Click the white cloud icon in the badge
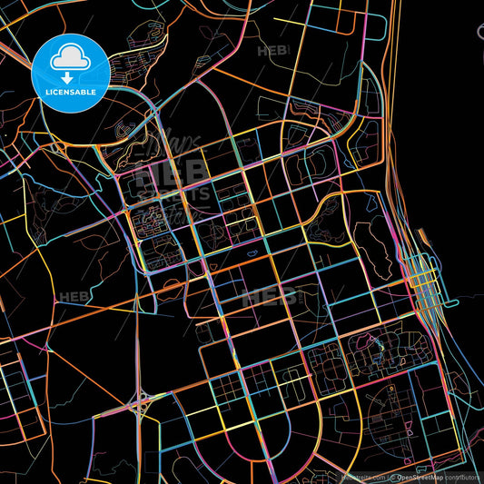point(70,58)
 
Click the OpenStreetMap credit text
point(421,477)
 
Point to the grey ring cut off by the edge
point(480,35)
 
